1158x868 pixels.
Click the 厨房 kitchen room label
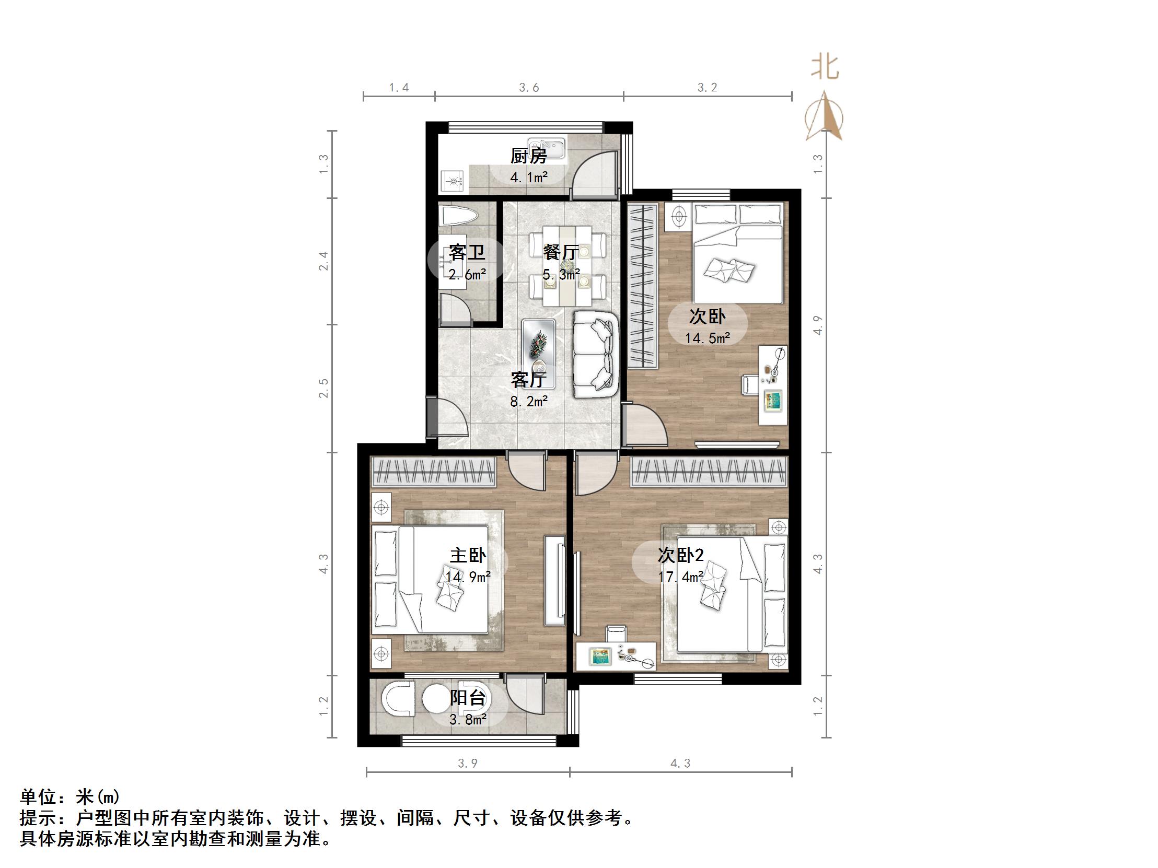pos(529,156)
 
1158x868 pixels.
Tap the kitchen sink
pos(547,148)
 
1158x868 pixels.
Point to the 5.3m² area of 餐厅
pos(561,274)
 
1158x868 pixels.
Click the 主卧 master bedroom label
pos(468,555)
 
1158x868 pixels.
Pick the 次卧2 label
pos(680,555)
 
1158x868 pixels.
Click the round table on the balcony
pos(437,699)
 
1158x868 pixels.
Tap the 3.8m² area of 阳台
pos(468,720)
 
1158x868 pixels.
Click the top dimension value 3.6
pos(529,88)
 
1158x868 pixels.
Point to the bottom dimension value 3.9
pos(468,764)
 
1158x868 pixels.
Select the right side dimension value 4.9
pos(818,325)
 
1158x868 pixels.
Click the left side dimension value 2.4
pos(324,261)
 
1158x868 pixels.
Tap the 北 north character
pos(825,68)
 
